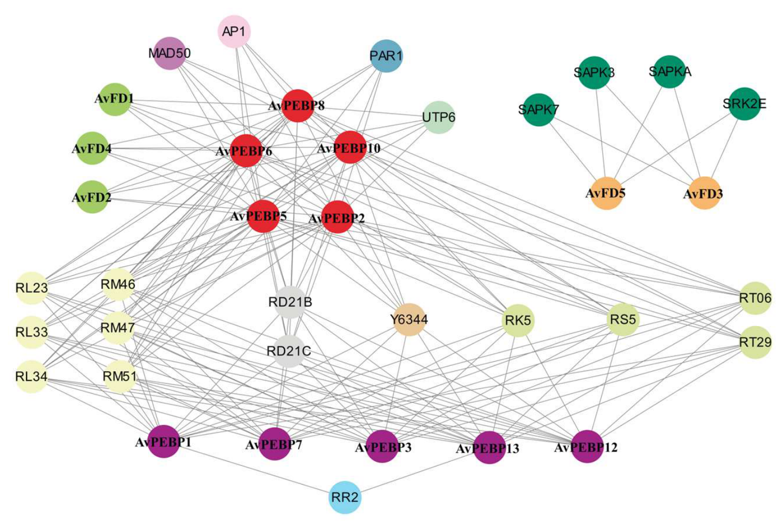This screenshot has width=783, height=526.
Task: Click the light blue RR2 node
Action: click(x=345, y=497)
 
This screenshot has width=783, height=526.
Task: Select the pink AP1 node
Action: click(x=234, y=32)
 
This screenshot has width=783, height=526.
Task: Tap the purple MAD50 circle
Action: click(x=169, y=53)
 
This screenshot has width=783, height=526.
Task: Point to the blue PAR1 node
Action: click(x=386, y=56)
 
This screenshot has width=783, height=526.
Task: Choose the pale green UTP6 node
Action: click(x=439, y=118)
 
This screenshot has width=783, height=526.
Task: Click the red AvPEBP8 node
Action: click(x=297, y=106)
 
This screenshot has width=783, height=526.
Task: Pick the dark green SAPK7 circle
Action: click(x=538, y=110)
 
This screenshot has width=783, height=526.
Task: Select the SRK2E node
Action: click(x=745, y=104)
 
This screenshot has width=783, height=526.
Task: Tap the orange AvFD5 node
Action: click(x=606, y=193)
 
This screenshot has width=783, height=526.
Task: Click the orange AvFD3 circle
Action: click(x=704, y=193)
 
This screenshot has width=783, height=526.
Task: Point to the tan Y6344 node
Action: click(x=409, y=320)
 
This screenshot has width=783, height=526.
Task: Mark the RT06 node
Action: click(x=756, y=298)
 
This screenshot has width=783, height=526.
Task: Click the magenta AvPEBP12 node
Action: click(x=587, y=447)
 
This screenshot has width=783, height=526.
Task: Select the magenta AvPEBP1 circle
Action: click(x=164, y=442)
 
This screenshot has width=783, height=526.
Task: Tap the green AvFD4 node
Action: click(x=92, y=148)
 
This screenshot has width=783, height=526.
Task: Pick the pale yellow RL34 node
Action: click(x=32, y=376)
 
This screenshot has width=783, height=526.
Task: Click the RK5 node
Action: click(x=518, y=320)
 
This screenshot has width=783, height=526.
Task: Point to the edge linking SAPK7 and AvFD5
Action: click(x=573, y=152)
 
